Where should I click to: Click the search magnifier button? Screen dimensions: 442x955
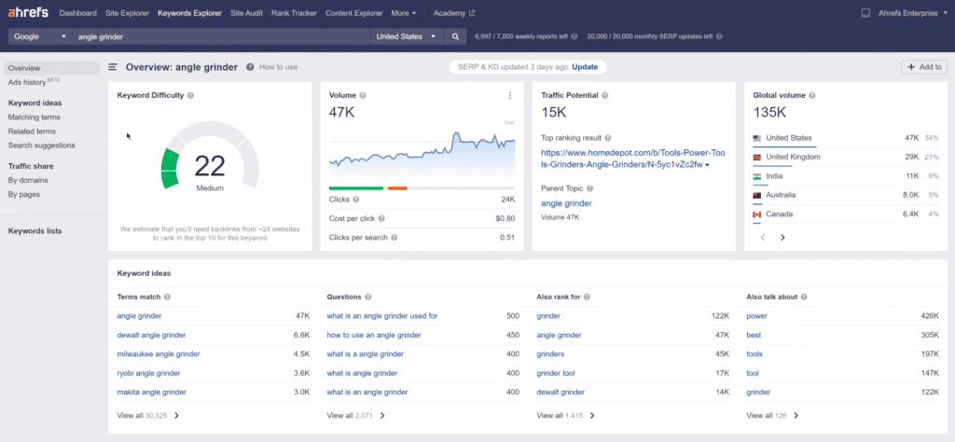456,36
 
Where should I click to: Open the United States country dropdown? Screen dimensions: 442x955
406,36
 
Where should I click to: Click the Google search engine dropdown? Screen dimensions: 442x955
38,36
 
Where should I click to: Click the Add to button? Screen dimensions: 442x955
924,67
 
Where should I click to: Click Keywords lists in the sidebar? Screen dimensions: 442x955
35,230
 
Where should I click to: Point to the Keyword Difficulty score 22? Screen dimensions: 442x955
210,166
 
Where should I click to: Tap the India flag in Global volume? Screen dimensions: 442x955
757,175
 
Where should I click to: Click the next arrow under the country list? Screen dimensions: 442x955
782,237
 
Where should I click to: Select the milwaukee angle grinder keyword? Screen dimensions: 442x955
159,354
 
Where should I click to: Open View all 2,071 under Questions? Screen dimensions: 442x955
355,415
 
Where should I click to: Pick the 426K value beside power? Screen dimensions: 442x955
929,316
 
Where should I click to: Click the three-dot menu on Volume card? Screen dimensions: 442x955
510,95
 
